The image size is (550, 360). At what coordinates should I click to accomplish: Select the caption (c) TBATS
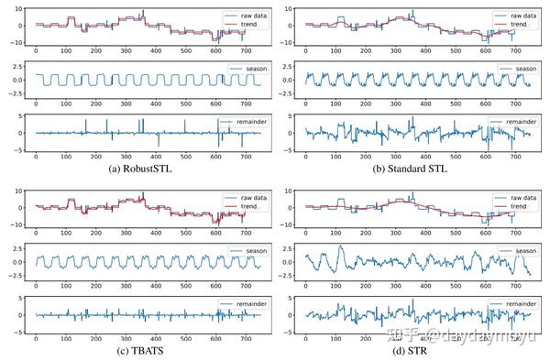tap(142, 352)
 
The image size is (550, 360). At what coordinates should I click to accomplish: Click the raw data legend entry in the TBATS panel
tap(241, 196)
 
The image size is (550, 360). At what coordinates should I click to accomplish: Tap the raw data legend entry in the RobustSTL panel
tap(241, 16)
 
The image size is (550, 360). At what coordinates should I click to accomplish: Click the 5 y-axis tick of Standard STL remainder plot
tap(291, 118)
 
